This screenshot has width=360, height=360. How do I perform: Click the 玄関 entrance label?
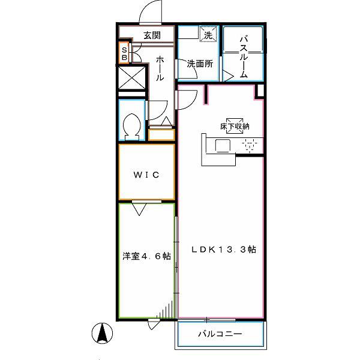click(152, 35)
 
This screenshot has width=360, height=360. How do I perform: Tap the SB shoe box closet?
click(124, 53)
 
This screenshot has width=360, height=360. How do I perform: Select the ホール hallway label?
click(160, 68)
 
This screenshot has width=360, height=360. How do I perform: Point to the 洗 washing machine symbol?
click(208, 34)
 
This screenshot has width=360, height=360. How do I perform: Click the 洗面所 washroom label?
click(200, 64)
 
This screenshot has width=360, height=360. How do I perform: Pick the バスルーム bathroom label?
click(244, 57)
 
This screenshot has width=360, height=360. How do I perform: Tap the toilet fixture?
click(132, 127)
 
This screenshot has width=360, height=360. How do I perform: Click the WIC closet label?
click(146, 175)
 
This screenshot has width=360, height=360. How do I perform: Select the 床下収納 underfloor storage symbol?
click(235, 126)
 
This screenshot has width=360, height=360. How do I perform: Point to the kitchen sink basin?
click(223, 146)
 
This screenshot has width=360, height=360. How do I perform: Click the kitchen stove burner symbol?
click(250, 145)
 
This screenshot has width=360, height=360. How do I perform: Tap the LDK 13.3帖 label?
click(224, 250)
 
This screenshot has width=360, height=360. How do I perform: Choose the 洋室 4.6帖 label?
click(146, 256)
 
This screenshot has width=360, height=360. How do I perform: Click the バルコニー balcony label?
click(220, 334)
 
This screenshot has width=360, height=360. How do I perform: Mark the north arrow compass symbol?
click(102, 333)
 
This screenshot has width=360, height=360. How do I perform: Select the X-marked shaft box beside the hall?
click(132, 77)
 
